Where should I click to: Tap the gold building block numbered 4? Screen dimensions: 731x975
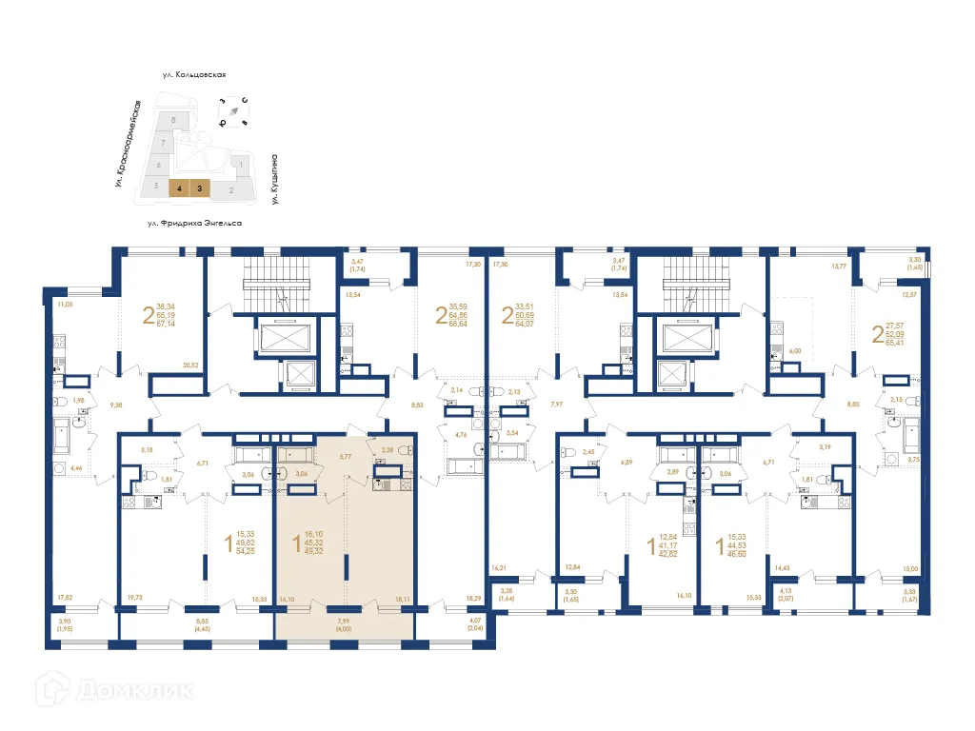tap(178, 188)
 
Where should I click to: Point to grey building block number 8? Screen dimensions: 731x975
tap(172, 121)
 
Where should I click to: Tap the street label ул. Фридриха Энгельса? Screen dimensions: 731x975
tap(195, 223)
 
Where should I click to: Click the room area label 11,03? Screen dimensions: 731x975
tap(65, 305)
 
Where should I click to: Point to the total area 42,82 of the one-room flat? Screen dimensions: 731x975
tap(674, 554)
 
